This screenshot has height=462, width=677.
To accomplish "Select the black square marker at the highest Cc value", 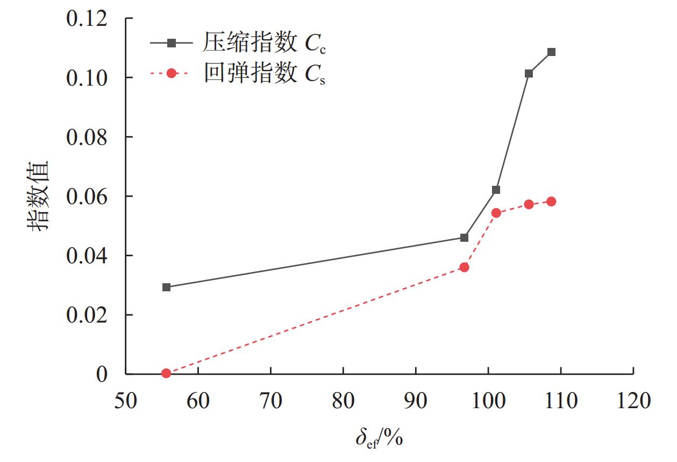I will [551, 52].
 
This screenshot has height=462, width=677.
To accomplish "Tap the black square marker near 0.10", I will [529, 73].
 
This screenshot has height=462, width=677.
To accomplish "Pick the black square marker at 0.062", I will [496, 190].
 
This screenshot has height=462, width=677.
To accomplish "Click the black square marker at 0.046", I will [464, 237].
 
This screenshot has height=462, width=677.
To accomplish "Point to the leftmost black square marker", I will [166, 287].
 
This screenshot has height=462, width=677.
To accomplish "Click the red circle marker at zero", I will [166, 373].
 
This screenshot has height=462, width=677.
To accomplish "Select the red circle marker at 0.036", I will [464, 267].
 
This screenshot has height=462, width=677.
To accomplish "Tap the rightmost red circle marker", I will [551, 201].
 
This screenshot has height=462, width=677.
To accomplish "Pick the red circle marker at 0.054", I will [496, 213].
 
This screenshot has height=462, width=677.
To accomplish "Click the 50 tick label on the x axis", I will [126, 401].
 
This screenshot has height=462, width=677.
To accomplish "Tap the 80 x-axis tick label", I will [343, 401].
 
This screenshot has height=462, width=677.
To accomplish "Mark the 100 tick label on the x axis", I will [488, 401].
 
